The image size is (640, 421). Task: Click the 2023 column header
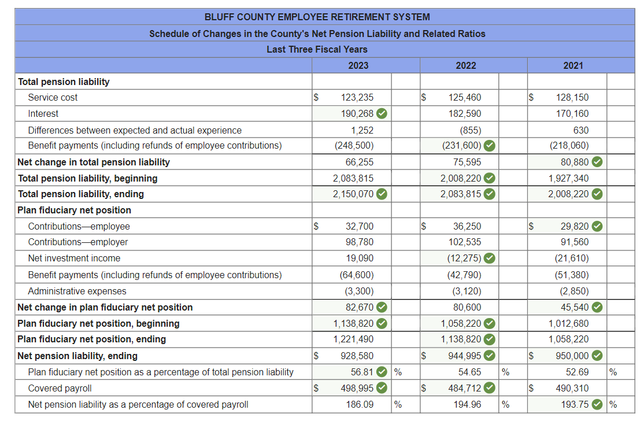(x=358, y=65)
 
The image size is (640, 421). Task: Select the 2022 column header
(x=465, y=65)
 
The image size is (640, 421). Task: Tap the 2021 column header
(x=573, y=65)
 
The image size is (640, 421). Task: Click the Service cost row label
(x=53, y=97)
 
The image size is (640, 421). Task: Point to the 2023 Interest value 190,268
(x=357, y=113)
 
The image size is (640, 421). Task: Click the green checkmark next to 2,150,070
(x=382, y=194)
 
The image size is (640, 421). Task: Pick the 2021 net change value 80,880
(x=575, y=162)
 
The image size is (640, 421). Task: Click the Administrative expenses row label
(x=77, y=291)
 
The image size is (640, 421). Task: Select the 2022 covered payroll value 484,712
(x=465, y=388)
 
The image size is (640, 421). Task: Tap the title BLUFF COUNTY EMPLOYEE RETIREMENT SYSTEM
(x=317, y=17)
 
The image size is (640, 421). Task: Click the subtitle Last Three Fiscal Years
(x=317, y=49)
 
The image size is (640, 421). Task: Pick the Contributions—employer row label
(x=78, y=242)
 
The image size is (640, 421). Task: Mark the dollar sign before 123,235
(x=316, y=97)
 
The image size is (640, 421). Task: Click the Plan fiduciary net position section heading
(x=74, y=210)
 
